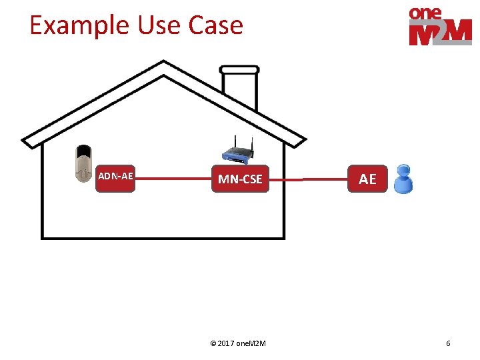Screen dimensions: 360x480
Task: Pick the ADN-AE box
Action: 115,178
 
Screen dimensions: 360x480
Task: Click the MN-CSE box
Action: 240,179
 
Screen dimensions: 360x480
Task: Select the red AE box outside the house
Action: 367,179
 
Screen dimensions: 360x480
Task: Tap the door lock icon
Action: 83,163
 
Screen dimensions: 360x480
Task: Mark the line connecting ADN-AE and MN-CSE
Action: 173,179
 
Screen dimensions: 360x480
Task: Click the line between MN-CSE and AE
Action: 308,179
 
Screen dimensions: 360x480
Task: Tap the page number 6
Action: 448,343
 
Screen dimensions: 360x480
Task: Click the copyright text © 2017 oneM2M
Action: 238,343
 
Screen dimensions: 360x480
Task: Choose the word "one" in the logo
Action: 425,13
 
